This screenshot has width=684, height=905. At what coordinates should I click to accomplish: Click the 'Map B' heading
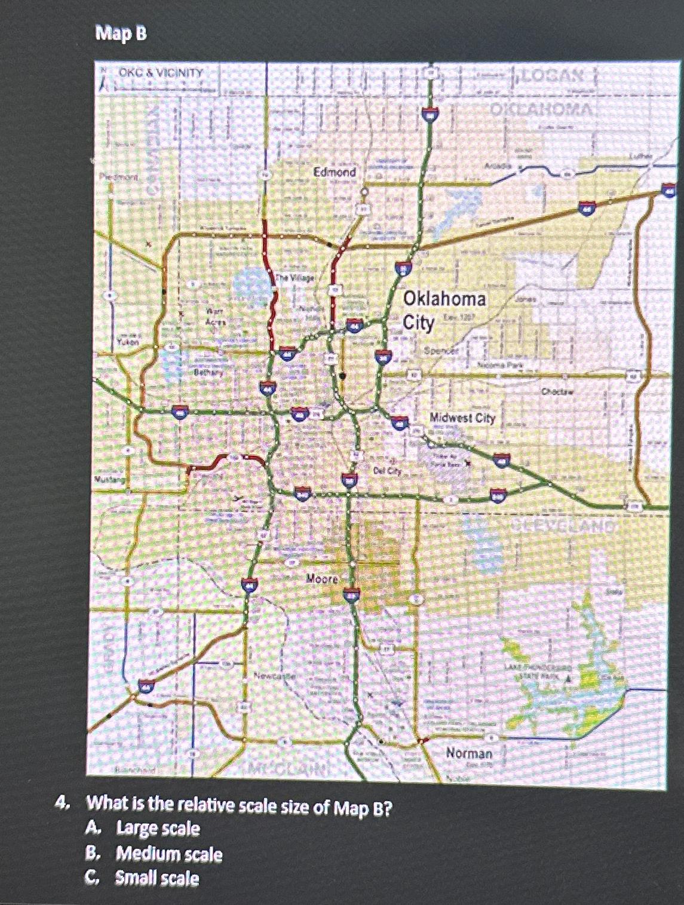[121, 34]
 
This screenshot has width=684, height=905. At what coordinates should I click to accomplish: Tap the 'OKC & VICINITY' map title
[161, 73]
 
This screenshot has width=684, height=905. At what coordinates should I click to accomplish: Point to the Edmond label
[335, 172]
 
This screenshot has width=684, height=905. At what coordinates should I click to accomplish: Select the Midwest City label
[463, 418]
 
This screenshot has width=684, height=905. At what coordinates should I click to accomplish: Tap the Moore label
[322, 578]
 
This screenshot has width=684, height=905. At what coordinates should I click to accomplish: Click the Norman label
[470, 753]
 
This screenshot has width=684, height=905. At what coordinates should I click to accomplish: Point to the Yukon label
[128, 342]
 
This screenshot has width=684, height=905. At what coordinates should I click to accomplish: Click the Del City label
[387, 471]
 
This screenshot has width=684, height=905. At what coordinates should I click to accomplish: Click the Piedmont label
[119, 177]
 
